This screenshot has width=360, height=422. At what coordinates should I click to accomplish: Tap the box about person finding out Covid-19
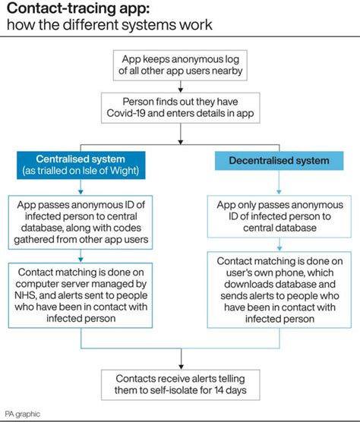tap(180, 109)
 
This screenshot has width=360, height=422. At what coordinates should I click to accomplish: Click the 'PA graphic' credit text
tap(22, 414)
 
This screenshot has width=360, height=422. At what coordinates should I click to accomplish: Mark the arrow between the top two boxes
tap(180, 87)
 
